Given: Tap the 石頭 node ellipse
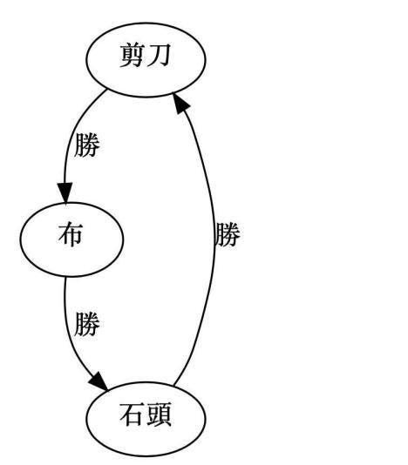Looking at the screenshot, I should [x=146, y=416].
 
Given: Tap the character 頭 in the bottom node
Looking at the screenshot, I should [x=159, y=416].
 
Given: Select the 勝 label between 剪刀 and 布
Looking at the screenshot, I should [x=87, y=145].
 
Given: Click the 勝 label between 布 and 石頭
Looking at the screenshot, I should [x=87, y=325].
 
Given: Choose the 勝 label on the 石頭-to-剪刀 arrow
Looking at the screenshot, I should [x=227, y=235].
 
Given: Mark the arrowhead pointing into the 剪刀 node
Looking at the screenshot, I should [x=180, y=103].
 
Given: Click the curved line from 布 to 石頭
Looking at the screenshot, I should [x=69, y=331].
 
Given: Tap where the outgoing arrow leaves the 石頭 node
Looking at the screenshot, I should [x=173, y=383].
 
